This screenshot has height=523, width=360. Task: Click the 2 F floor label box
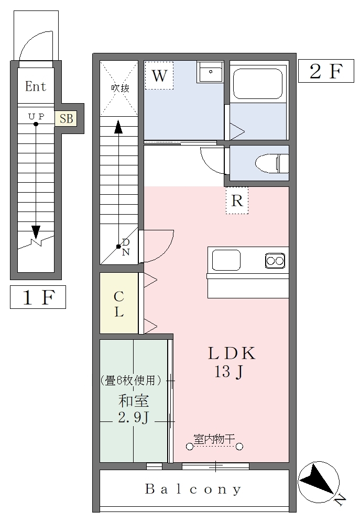click(325, 71)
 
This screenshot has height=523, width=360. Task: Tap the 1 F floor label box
click(38, 297)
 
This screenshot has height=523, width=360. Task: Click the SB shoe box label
click(66, 118)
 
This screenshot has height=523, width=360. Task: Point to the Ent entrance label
click(36, 86)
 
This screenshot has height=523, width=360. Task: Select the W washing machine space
click(159, 75)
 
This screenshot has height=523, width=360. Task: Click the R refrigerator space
click(237, 201)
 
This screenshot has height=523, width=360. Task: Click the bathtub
click(258, 84)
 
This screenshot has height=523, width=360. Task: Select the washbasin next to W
click(210, 72)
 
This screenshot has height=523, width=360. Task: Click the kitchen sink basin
click(226, 260)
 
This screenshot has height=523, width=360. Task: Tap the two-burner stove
click(275, 261)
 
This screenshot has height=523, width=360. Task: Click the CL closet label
click(119, 304)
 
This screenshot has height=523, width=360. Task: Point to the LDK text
click(232, 353)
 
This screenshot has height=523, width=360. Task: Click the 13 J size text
click(228, 372)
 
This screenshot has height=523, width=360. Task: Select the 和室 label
click(134, 401)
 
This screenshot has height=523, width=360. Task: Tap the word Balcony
click(193, 489)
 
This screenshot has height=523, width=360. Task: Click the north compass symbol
click(319, 482)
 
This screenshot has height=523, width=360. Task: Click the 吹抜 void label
click(120, 88)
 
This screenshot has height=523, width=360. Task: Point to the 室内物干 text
click(214, 439)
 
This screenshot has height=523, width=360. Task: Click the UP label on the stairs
click(36, 116)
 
